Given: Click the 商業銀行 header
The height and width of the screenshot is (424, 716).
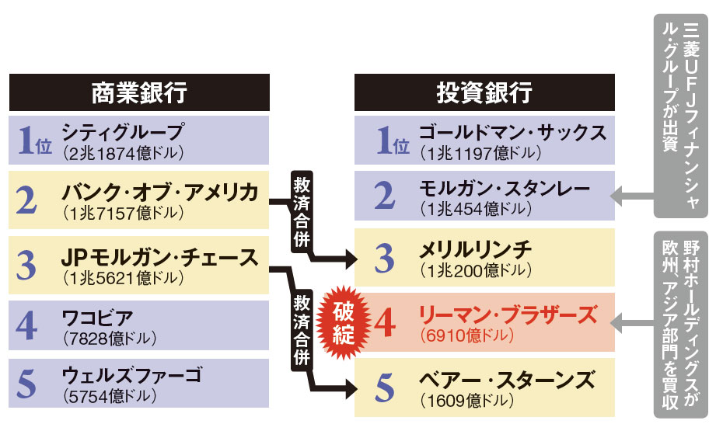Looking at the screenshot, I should (x=139, y=92).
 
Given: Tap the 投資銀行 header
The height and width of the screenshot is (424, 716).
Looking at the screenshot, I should (x=484, y=92).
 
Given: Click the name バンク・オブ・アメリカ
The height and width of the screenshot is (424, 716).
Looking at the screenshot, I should (x=159, y=192).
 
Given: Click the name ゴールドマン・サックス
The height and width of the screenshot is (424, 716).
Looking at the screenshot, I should (x=512, y=131).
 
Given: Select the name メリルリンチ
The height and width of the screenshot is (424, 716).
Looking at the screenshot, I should (x=475, y=249).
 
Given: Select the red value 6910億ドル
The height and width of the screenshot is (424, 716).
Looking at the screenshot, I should (x=466, y=336).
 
